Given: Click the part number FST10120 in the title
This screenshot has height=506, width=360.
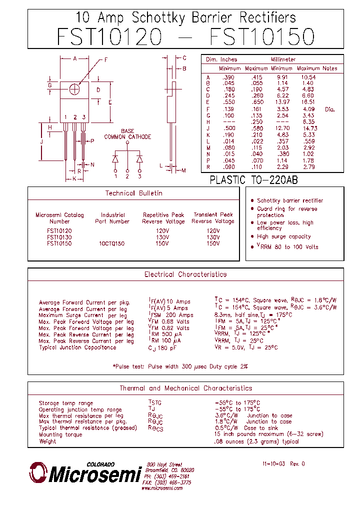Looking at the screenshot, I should click(109, 37).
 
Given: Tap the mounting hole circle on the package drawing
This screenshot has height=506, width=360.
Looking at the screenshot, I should click(75, 89).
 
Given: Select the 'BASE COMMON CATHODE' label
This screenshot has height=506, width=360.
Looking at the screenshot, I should click(127, 134).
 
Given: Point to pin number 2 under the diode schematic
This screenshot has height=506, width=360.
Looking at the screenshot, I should click(127, 176).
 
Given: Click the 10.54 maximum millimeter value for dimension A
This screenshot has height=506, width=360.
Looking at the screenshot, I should click(308, 77).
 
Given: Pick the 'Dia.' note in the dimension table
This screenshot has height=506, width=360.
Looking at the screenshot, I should click(329, 109).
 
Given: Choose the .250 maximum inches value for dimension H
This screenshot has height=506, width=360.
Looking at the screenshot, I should click(257, 121).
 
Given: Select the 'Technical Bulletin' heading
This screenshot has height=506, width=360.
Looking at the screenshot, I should click(133, 193).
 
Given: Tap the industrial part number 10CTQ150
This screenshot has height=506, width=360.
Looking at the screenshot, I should click(111, 243).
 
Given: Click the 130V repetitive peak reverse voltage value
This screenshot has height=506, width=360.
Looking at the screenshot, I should click(163, 237).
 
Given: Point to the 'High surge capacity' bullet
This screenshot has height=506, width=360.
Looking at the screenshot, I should click(283, 236).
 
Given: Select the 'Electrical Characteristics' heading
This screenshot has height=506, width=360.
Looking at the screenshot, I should click(185, 274).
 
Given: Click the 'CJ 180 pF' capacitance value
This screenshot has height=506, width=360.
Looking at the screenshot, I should click(162, 347).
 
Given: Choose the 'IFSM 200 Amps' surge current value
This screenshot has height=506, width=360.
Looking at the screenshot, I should click(171, 315).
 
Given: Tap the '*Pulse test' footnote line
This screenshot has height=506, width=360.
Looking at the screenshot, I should click(180, 366).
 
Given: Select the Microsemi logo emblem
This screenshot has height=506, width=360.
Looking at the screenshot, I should click(38, 472).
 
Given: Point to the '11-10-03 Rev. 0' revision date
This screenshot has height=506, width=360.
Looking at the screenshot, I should click(283, 464).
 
